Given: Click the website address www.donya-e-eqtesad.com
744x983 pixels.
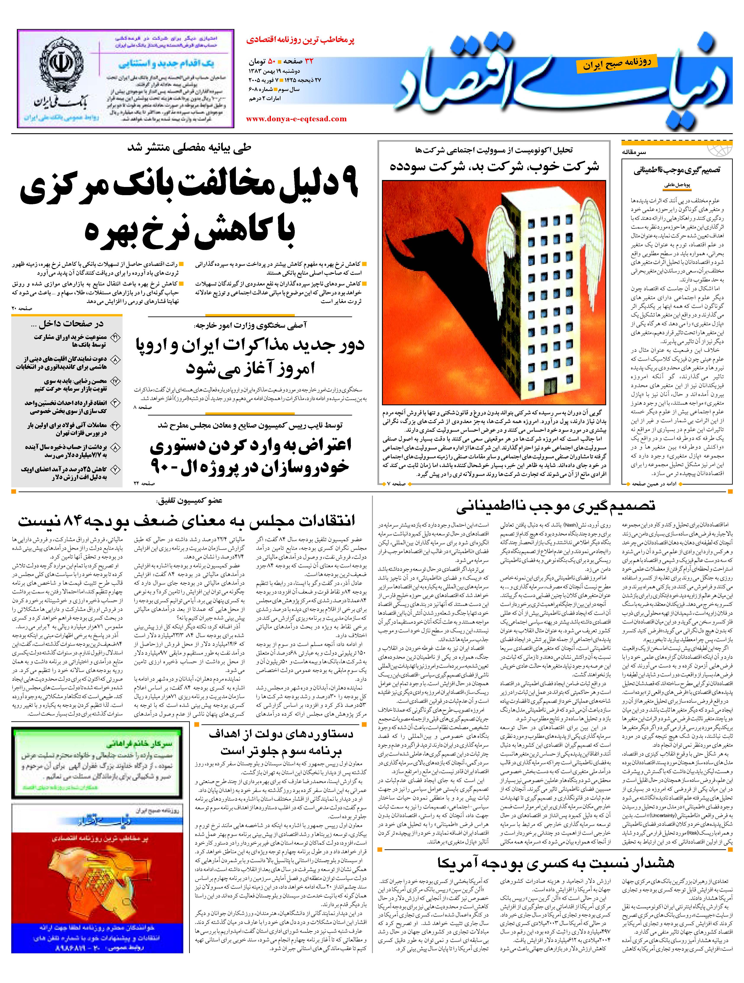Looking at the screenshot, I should click(x=296, y=119).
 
